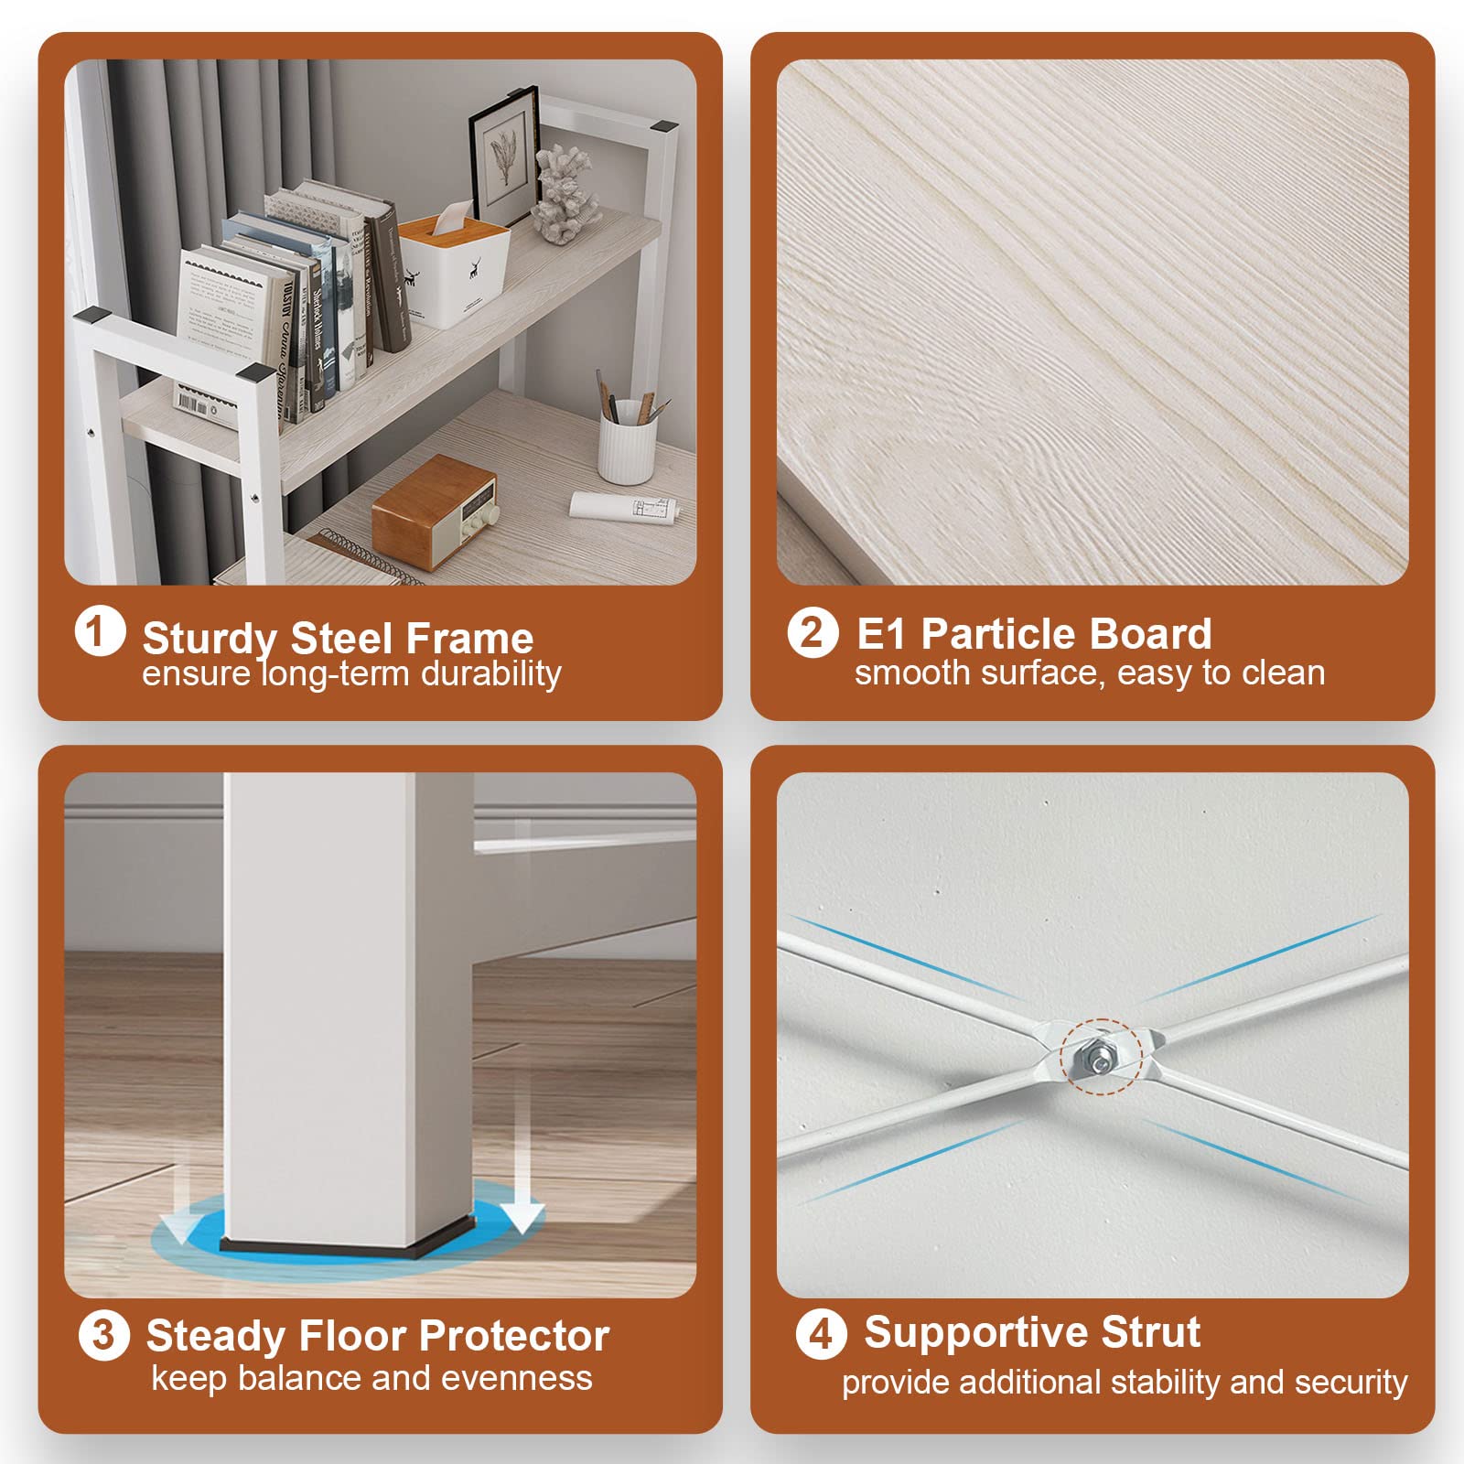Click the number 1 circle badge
pos(100,632)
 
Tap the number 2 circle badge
pos(813,632)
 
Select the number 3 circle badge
pos(104,1335)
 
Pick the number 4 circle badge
pos(821,1334)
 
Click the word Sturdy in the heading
pos(210,639)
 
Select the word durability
pos(490,674)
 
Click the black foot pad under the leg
pos(347,1246)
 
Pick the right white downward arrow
pos(522,1163)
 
